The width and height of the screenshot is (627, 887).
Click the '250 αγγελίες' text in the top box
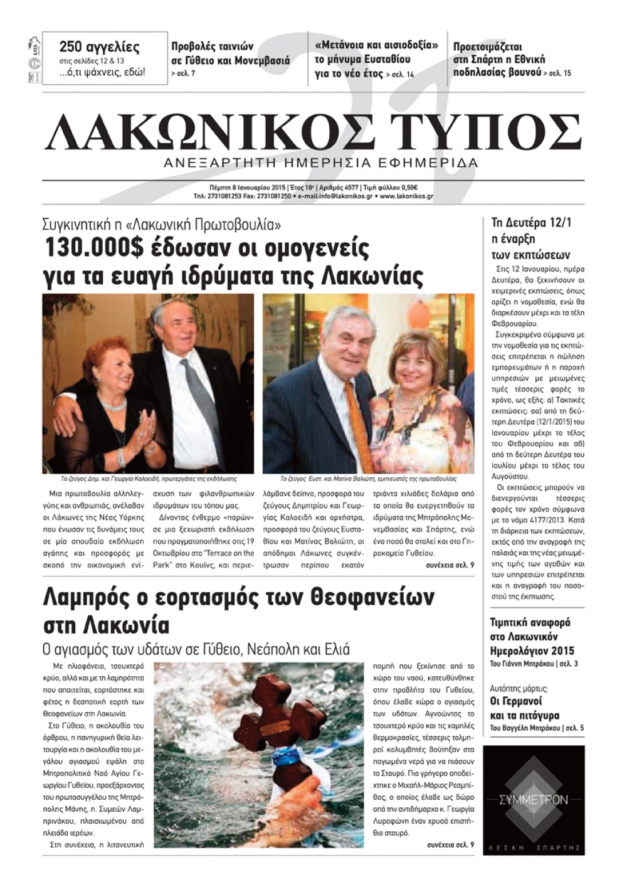point(99,47)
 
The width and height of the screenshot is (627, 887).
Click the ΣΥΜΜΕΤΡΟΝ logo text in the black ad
point(534,799)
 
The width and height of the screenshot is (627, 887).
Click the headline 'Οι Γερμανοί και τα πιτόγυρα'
point(524,708)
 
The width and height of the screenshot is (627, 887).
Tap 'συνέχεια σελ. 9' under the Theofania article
point(450,845)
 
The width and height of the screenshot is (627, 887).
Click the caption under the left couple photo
point(149,477)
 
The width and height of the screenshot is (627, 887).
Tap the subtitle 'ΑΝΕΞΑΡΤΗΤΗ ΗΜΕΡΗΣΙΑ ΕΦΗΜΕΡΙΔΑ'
point(320,163)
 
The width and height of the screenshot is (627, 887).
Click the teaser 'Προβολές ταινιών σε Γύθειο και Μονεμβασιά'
point(230,54)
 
